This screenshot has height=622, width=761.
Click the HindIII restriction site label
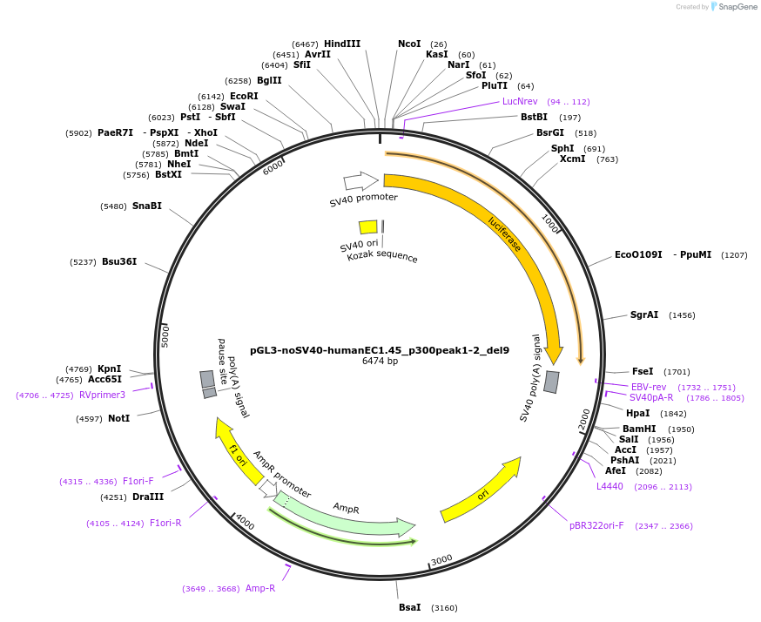[x=342, y=44]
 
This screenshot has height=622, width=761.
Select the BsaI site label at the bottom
[x=409, y=607]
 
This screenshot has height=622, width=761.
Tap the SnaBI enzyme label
[x=147, y=206]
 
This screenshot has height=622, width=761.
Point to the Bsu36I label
[x=119, y=261]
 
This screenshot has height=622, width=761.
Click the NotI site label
[x=119, y=418]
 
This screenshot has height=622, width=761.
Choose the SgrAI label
[x=644, y=314]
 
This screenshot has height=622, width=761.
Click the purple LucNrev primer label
[x=520, y=101]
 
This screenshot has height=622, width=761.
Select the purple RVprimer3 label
[x=102, y=395]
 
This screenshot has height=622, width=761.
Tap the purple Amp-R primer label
[x=260, y=588]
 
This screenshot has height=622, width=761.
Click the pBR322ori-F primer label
[x=596, y=525]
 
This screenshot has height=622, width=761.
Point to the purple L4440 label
[x=609, y=486]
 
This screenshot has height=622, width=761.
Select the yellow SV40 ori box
[x=368, y=227]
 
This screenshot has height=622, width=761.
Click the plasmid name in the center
[x=380, y=350]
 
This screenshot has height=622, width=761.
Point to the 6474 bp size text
[x=380, y=361]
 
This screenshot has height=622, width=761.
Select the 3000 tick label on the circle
[x=441, y=558]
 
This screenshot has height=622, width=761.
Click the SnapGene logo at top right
[x=733, y=7]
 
